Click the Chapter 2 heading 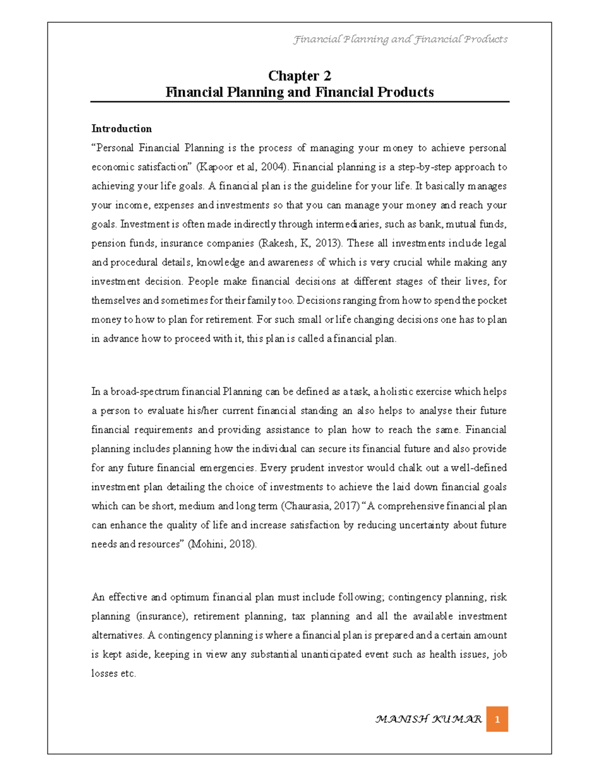coord(299,76)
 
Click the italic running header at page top coord(400,39)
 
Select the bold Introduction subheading coord(121,129)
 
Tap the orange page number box coord(497,719)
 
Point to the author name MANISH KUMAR coord(428,719)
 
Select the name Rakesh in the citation coord(277,244)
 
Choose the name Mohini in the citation coord(208,544)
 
